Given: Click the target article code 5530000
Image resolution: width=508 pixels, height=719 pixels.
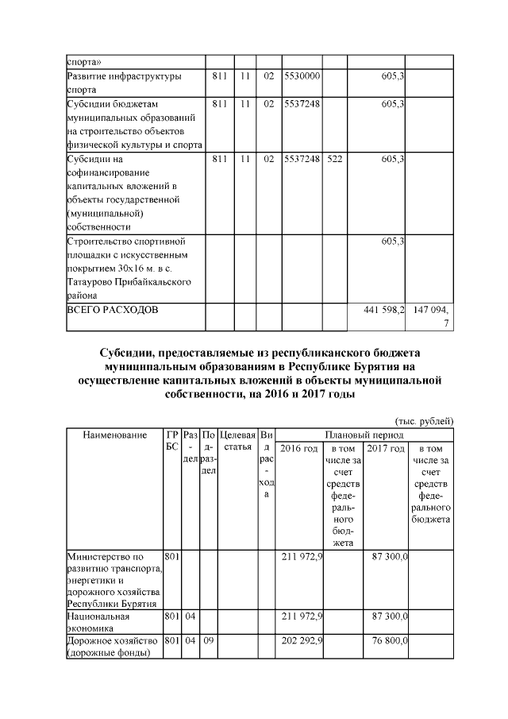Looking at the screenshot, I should [x=302, y=76].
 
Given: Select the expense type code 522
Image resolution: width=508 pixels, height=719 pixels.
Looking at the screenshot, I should [x=334, y=159].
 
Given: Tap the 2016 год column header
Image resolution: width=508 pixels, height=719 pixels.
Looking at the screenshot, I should [x=299, y=449].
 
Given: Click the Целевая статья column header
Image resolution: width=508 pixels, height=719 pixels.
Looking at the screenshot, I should [x=238, y=442].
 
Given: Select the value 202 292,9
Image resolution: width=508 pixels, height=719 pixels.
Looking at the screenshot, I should [x=302, y=639].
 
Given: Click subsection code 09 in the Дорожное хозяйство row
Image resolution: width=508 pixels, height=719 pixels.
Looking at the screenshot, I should [x=209, y=639].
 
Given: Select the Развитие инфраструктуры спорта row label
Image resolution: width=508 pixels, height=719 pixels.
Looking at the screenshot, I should [x=124, y=83].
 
